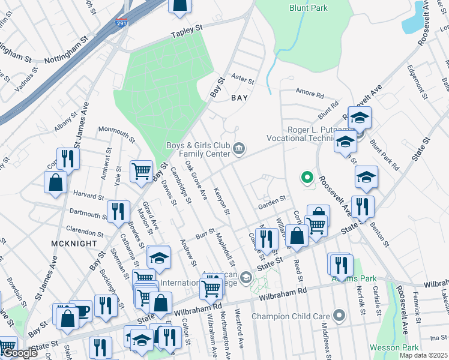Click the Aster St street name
point(243,79)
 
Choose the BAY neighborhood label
point(240,97)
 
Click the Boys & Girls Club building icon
point(240,149)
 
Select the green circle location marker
point(307,177)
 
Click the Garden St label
point(271,205)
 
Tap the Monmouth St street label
point(117,130)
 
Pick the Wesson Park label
point(402,347)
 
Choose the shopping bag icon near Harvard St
point(55,183)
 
